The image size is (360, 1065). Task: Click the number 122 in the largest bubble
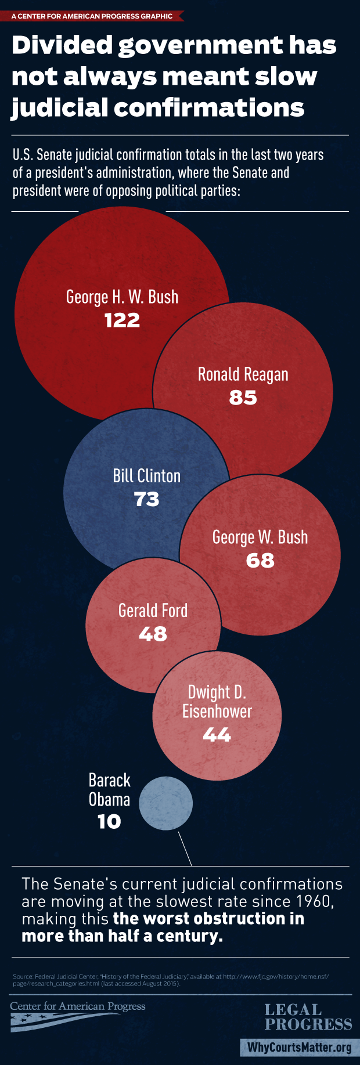coord(122,320)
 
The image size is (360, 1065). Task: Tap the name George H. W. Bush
coord(122,297)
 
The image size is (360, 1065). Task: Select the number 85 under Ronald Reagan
coord(243,398)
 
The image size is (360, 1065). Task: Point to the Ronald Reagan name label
coord(243,374)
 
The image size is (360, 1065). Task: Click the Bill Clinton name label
coord(146,476)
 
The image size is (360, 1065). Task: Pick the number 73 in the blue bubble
coord(146,499)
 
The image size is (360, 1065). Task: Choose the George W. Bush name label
coord(260,537)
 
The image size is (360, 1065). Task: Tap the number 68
coord(260,560)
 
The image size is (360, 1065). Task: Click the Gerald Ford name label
coord(153,611)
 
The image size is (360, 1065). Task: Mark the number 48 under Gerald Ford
coord(153,634)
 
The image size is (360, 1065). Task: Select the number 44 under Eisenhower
coord(217,735)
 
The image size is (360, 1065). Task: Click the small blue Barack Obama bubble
coord(166,804)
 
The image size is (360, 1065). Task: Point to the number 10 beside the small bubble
coord(109,821)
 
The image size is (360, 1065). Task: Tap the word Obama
coord(109,800)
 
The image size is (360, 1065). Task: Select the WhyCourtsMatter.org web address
coord(300,1047)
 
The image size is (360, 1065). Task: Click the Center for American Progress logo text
coord(78,1006)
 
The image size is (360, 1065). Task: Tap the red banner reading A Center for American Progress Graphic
coord(92,16)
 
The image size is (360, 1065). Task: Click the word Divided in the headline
coord(60,45)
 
